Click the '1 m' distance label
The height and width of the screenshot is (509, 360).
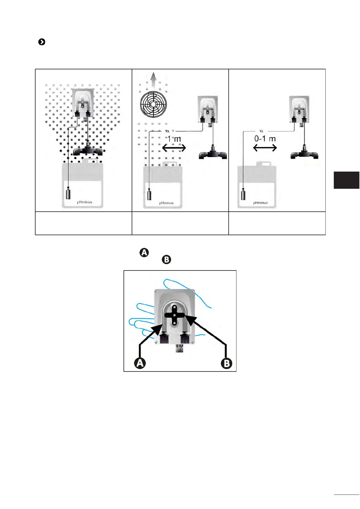[x=174, y=139]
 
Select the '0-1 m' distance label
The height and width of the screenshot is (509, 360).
[x=265, y=139]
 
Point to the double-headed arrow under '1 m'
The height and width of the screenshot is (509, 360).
[x=174, y=148]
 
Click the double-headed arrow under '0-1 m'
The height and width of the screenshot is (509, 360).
[x=265, y=148]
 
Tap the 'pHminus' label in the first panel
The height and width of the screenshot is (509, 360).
[x=84, y=202]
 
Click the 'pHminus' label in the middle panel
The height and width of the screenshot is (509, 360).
[x=166, y=203]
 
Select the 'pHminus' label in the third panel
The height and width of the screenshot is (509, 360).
[x=260, y=203]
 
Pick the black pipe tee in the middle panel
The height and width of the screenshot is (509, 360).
[x=213, y=153]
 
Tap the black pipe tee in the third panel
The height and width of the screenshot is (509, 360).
[x=304, y=153]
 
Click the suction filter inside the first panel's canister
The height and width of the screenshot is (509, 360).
[x=68, y=193]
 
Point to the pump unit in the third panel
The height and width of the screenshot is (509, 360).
[x=299, y=109]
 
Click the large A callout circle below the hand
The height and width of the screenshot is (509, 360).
[x=140, y=363]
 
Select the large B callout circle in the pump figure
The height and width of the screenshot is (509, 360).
[x=227, y=363]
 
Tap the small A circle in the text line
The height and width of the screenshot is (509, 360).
[x=144, y=252]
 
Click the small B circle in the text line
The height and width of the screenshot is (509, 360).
[x=166, y=259]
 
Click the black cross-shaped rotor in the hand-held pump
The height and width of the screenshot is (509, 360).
[x=174, y=315]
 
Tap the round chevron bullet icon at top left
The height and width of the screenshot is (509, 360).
[x=42, y=42]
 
